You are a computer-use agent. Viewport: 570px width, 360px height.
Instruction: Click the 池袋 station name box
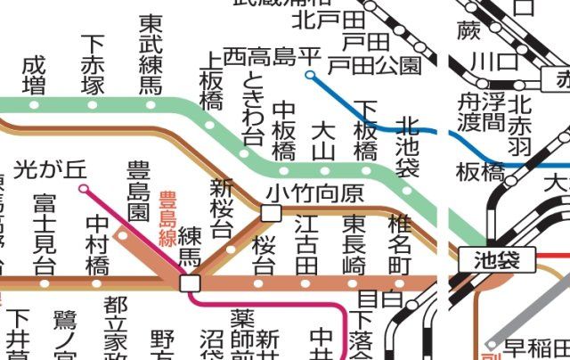[x=497, y=261]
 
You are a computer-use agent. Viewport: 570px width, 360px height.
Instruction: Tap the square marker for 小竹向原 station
[x=271, y=212]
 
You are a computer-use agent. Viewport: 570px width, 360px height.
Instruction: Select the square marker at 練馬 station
[x=189, y=282]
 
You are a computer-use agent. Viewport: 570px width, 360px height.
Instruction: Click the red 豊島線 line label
[x=167, y=217]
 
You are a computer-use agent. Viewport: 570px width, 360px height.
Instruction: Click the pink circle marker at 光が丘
[x=84, y=189]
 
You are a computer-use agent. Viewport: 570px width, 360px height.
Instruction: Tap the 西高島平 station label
[x=271, y=55]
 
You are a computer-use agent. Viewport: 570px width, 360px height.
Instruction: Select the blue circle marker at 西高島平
[x=310, y=76]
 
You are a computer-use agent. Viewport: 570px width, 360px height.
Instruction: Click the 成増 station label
[x=34, y=75]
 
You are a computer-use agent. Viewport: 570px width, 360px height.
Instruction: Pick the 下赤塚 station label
[x=93, y=64]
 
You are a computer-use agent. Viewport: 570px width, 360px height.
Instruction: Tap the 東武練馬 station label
[x=149, y=54]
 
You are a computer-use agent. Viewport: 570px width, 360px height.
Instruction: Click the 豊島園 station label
[x=138, y=191]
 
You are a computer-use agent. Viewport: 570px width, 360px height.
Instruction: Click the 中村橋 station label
[x=97, y=244]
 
